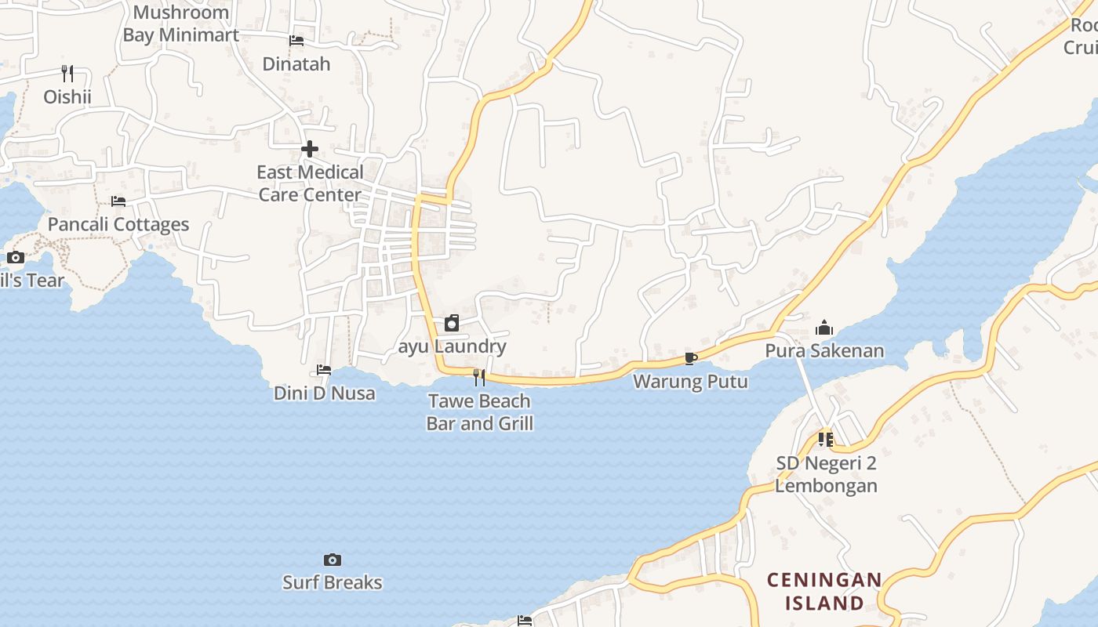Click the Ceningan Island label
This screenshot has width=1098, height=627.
click(x=824, y=592)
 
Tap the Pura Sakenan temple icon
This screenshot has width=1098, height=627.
click(x=824, y=328)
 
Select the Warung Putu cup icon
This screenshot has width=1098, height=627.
click(x=690, y=359)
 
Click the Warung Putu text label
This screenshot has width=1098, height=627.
click(x=690, y=382)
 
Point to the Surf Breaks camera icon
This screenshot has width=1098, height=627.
click(x=333, y=560)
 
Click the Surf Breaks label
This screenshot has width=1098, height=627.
click(x=333, y=582)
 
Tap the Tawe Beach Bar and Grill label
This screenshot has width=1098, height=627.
click(x=480, y=412)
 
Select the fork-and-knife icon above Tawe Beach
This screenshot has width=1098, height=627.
click(x=479, y=378)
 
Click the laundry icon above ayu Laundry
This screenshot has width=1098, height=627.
click(x=452, y=323)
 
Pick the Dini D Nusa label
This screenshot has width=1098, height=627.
click(x=325, y=393)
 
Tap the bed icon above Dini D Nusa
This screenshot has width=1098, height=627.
click(x=324, y=370)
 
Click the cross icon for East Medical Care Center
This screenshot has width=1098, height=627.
click(x=310, y=148)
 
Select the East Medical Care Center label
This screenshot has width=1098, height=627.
click(x=310, y=183)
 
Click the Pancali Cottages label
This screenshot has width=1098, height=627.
click(x=118, y=224)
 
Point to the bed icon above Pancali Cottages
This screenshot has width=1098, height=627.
click(x=118, y=201)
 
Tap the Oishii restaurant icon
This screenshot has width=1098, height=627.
click(x=67, y=74)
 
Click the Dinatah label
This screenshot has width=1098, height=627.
click(x=296, y=63)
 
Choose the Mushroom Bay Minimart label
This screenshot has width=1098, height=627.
click(x=181, y=24)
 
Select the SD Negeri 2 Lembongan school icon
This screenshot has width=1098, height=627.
click(x=826, y=440)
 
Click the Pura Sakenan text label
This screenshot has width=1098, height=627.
click(x=824, y=350)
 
